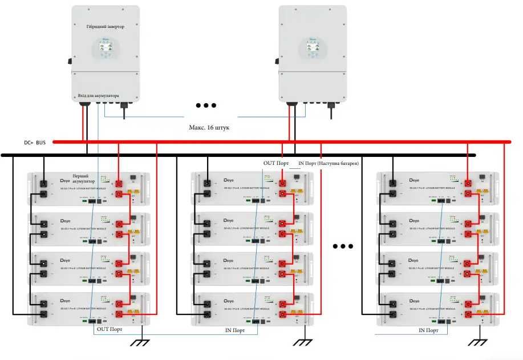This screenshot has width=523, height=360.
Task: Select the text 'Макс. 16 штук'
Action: [209, 128]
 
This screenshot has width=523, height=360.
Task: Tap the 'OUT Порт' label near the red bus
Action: [277, 163]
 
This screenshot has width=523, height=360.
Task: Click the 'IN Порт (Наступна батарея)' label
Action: [328, 164]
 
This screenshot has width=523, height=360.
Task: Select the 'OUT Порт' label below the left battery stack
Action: [110, 329]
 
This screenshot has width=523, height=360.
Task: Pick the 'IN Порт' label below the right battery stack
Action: [429, 330]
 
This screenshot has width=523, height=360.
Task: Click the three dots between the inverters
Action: [206, 106]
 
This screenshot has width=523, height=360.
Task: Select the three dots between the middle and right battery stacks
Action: [343, 246]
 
